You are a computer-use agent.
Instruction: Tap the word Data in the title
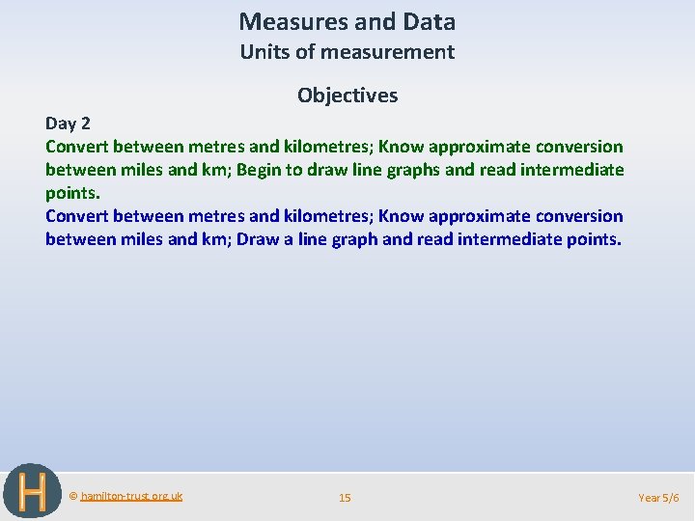pyautogui.click(x=431, y=21)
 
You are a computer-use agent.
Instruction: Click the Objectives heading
pyautogui.click(x=347, y=95)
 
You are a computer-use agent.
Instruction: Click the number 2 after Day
pyautogui.click(x=85, y=123)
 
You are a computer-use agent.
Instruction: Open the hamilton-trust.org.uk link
pyautogui.click(x=131, y=496)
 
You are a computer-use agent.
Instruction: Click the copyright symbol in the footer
pyautogui.click(x=73, y=496)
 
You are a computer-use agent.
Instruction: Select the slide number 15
pyautogui.click(x=345, y=498)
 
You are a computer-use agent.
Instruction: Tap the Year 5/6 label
pyautogui.click(x=659, y=498)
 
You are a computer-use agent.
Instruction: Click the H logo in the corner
pyautogui.click(x=33, y=492)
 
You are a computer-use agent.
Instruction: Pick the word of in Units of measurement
pyautogui.click(x=311, y=52)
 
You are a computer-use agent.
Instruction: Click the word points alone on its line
pyautogui.click(x=72, y=193)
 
